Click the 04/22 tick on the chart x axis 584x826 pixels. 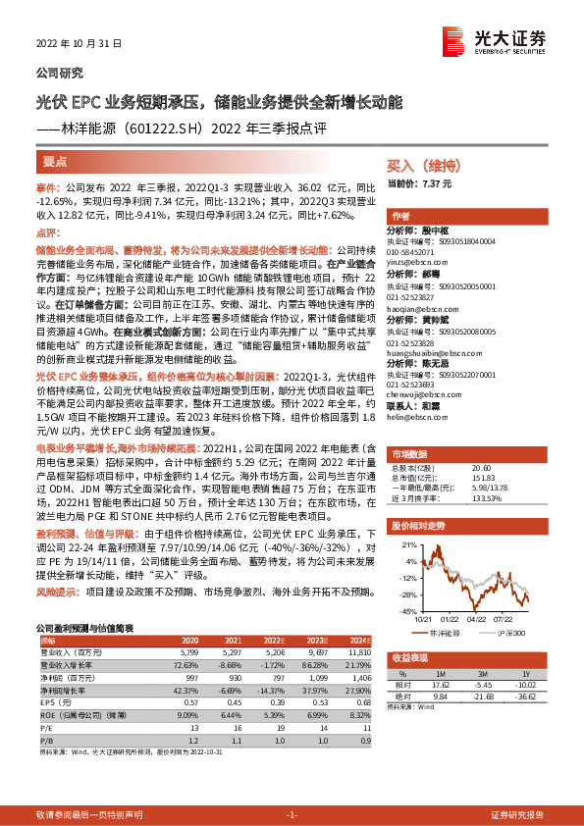point(477,618)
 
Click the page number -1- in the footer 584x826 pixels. point(291,814)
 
